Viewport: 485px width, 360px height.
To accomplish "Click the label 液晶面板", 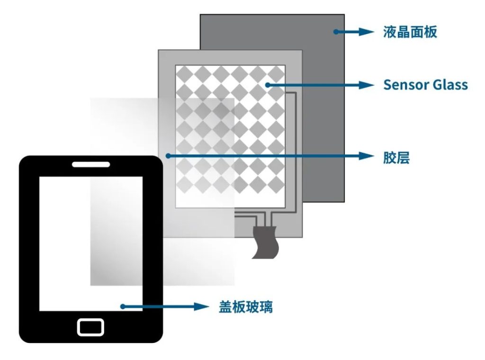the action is pos(410,32).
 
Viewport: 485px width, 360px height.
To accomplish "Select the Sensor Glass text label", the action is pos(426,85).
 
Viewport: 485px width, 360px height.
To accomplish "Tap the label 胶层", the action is pos(396,157).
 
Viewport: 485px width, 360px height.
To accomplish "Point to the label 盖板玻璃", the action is pos(246,307).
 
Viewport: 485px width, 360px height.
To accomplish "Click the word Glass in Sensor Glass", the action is pos(450,85).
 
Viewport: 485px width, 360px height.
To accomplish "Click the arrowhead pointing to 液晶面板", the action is pos(367,32).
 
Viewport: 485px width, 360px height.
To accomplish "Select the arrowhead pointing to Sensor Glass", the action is pos(367,85).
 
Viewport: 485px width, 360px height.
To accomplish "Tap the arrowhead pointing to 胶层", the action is pos(367,156).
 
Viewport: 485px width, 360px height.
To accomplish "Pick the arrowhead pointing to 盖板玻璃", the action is pos(202,306).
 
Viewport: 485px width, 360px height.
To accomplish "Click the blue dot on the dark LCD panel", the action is pos(336,32).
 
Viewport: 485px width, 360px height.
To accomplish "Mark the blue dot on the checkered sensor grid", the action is pos(268,85).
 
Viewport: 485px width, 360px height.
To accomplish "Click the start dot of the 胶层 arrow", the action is pos(168,156).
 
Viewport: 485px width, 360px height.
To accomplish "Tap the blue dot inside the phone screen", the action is pos(123,306).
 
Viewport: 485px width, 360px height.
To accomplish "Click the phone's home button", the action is pos(90,327).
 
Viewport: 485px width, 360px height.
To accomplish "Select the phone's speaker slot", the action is pos(91,164).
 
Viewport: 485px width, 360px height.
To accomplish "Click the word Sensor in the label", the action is pos(406,85).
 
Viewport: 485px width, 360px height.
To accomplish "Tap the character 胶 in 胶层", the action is pos(390,157).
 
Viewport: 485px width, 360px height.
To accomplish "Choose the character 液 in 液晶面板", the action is pos(390,32).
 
